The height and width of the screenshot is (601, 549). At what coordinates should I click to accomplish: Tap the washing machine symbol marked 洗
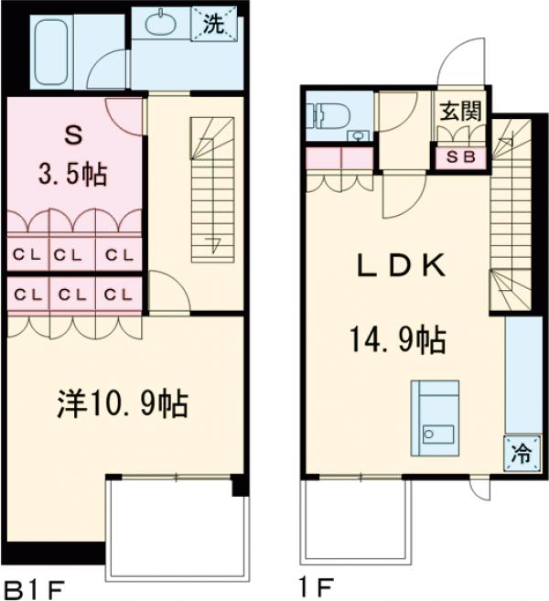coord(211,25)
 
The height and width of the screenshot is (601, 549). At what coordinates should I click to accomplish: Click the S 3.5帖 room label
coord(73,156)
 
